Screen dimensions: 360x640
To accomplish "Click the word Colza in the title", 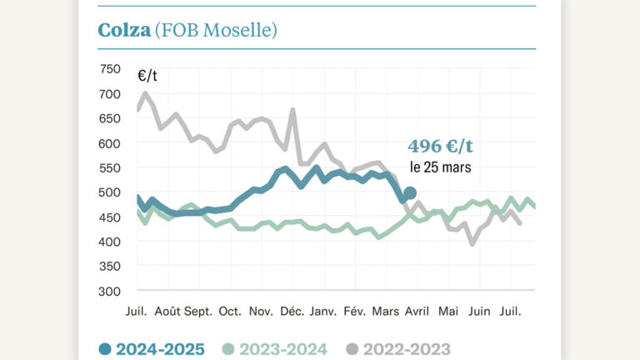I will [124, 30].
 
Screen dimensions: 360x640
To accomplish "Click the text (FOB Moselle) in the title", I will [216, 30].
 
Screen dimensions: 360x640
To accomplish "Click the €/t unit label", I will [147, 76].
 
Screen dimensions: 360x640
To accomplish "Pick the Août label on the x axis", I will [167, 311].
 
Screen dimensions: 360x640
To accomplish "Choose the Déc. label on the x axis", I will [292, 311].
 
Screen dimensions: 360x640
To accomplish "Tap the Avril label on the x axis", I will [417, 311].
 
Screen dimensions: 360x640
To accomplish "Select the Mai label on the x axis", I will [448, 311].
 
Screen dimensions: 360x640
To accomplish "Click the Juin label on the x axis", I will [479, 311].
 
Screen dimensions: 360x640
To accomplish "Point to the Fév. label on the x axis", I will [354, 311].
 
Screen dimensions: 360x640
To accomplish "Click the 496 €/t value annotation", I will [440, 147].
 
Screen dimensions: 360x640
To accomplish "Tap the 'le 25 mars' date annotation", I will [440, 167].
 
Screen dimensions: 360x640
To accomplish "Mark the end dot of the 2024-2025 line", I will [409, 193].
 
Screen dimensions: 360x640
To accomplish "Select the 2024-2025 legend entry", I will [152, 349].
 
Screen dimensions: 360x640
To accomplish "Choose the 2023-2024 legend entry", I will [275, 349].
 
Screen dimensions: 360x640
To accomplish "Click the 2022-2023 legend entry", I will [398, 349].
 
